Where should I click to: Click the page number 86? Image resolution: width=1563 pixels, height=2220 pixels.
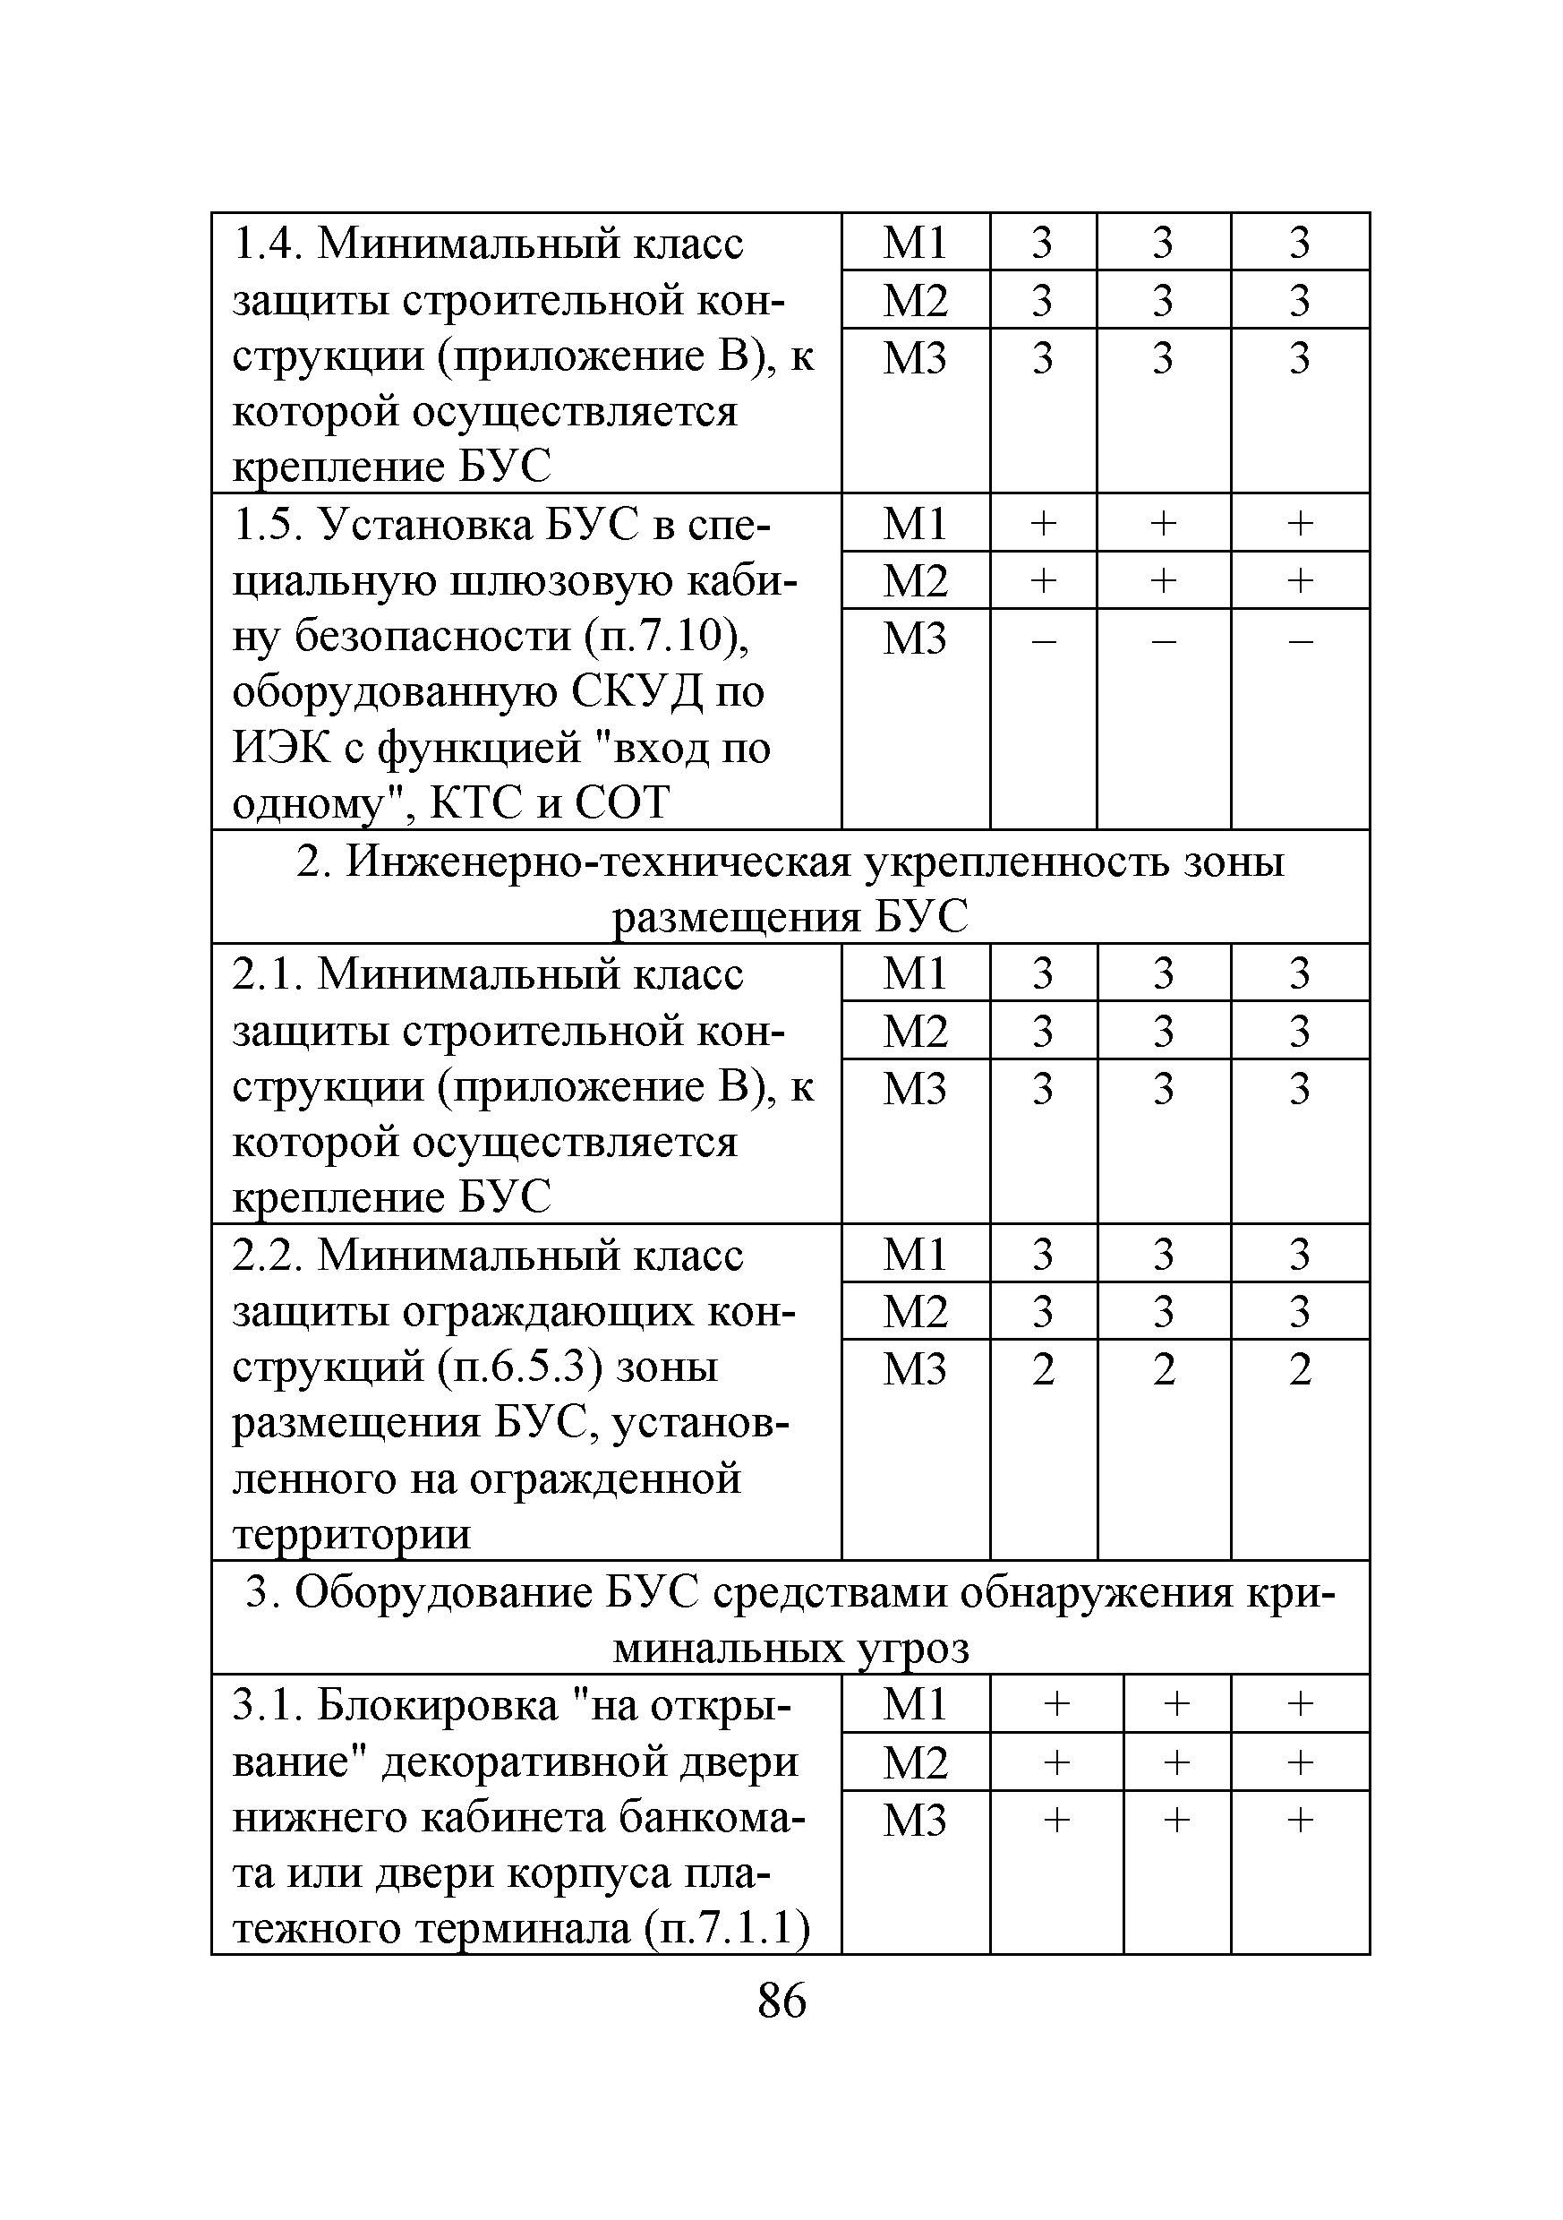pyautogui.click(x=781, y=2000)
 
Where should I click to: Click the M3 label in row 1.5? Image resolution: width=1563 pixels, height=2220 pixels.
pyautogui.click(x=914, y=639)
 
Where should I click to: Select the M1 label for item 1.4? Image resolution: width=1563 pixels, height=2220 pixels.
pyautogui.click(x=914, y=242)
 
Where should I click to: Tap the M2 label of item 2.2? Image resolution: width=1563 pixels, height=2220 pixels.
pyautogui.click(x=914, y=1311)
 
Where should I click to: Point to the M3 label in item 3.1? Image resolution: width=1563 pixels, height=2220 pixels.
pyautogui.click(x=914, y=1821)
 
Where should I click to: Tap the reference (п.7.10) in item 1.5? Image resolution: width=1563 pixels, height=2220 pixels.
pyautogui.click(x=666, y=636)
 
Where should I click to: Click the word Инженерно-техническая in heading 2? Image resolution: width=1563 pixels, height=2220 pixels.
pyautogui.click(x=598, y=861)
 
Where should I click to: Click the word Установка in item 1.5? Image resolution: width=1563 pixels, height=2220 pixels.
pyautogui.click(x=425, y=525)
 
